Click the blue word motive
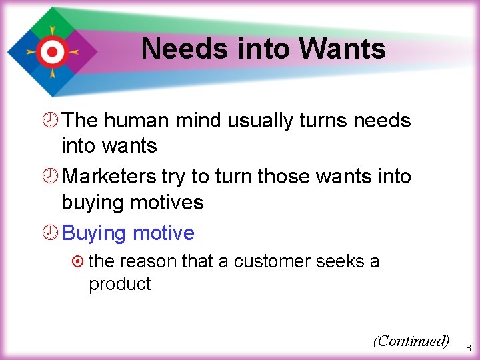click(x=163, y=233)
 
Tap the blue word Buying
click(x=94, y=234)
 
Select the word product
click(x=120, y=285)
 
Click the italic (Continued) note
click(x=411, y=341)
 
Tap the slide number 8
click(x=468, y=348)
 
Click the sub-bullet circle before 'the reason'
click(x=79, y=261)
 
